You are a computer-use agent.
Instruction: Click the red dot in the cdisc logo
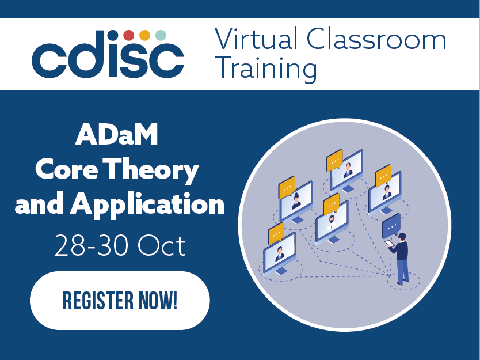tap(129, 36)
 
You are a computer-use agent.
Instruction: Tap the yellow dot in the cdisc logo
tap(145, 36)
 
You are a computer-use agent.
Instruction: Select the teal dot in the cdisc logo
tap(161, 36)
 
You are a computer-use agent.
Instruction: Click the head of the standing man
tap(403, 237)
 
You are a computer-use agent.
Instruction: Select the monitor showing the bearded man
tap(332, 222)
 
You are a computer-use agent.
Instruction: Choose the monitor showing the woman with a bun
tap(296, 202)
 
